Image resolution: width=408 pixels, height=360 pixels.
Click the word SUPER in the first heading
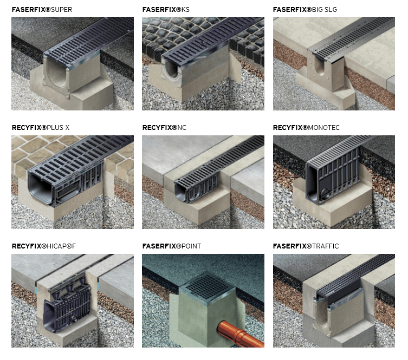tap(61, 10)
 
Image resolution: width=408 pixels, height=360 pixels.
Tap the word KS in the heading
tap(185, 10)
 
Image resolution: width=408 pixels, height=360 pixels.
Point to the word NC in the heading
tap(182, 128)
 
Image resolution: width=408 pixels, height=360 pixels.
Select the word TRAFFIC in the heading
tap(325, 246)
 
